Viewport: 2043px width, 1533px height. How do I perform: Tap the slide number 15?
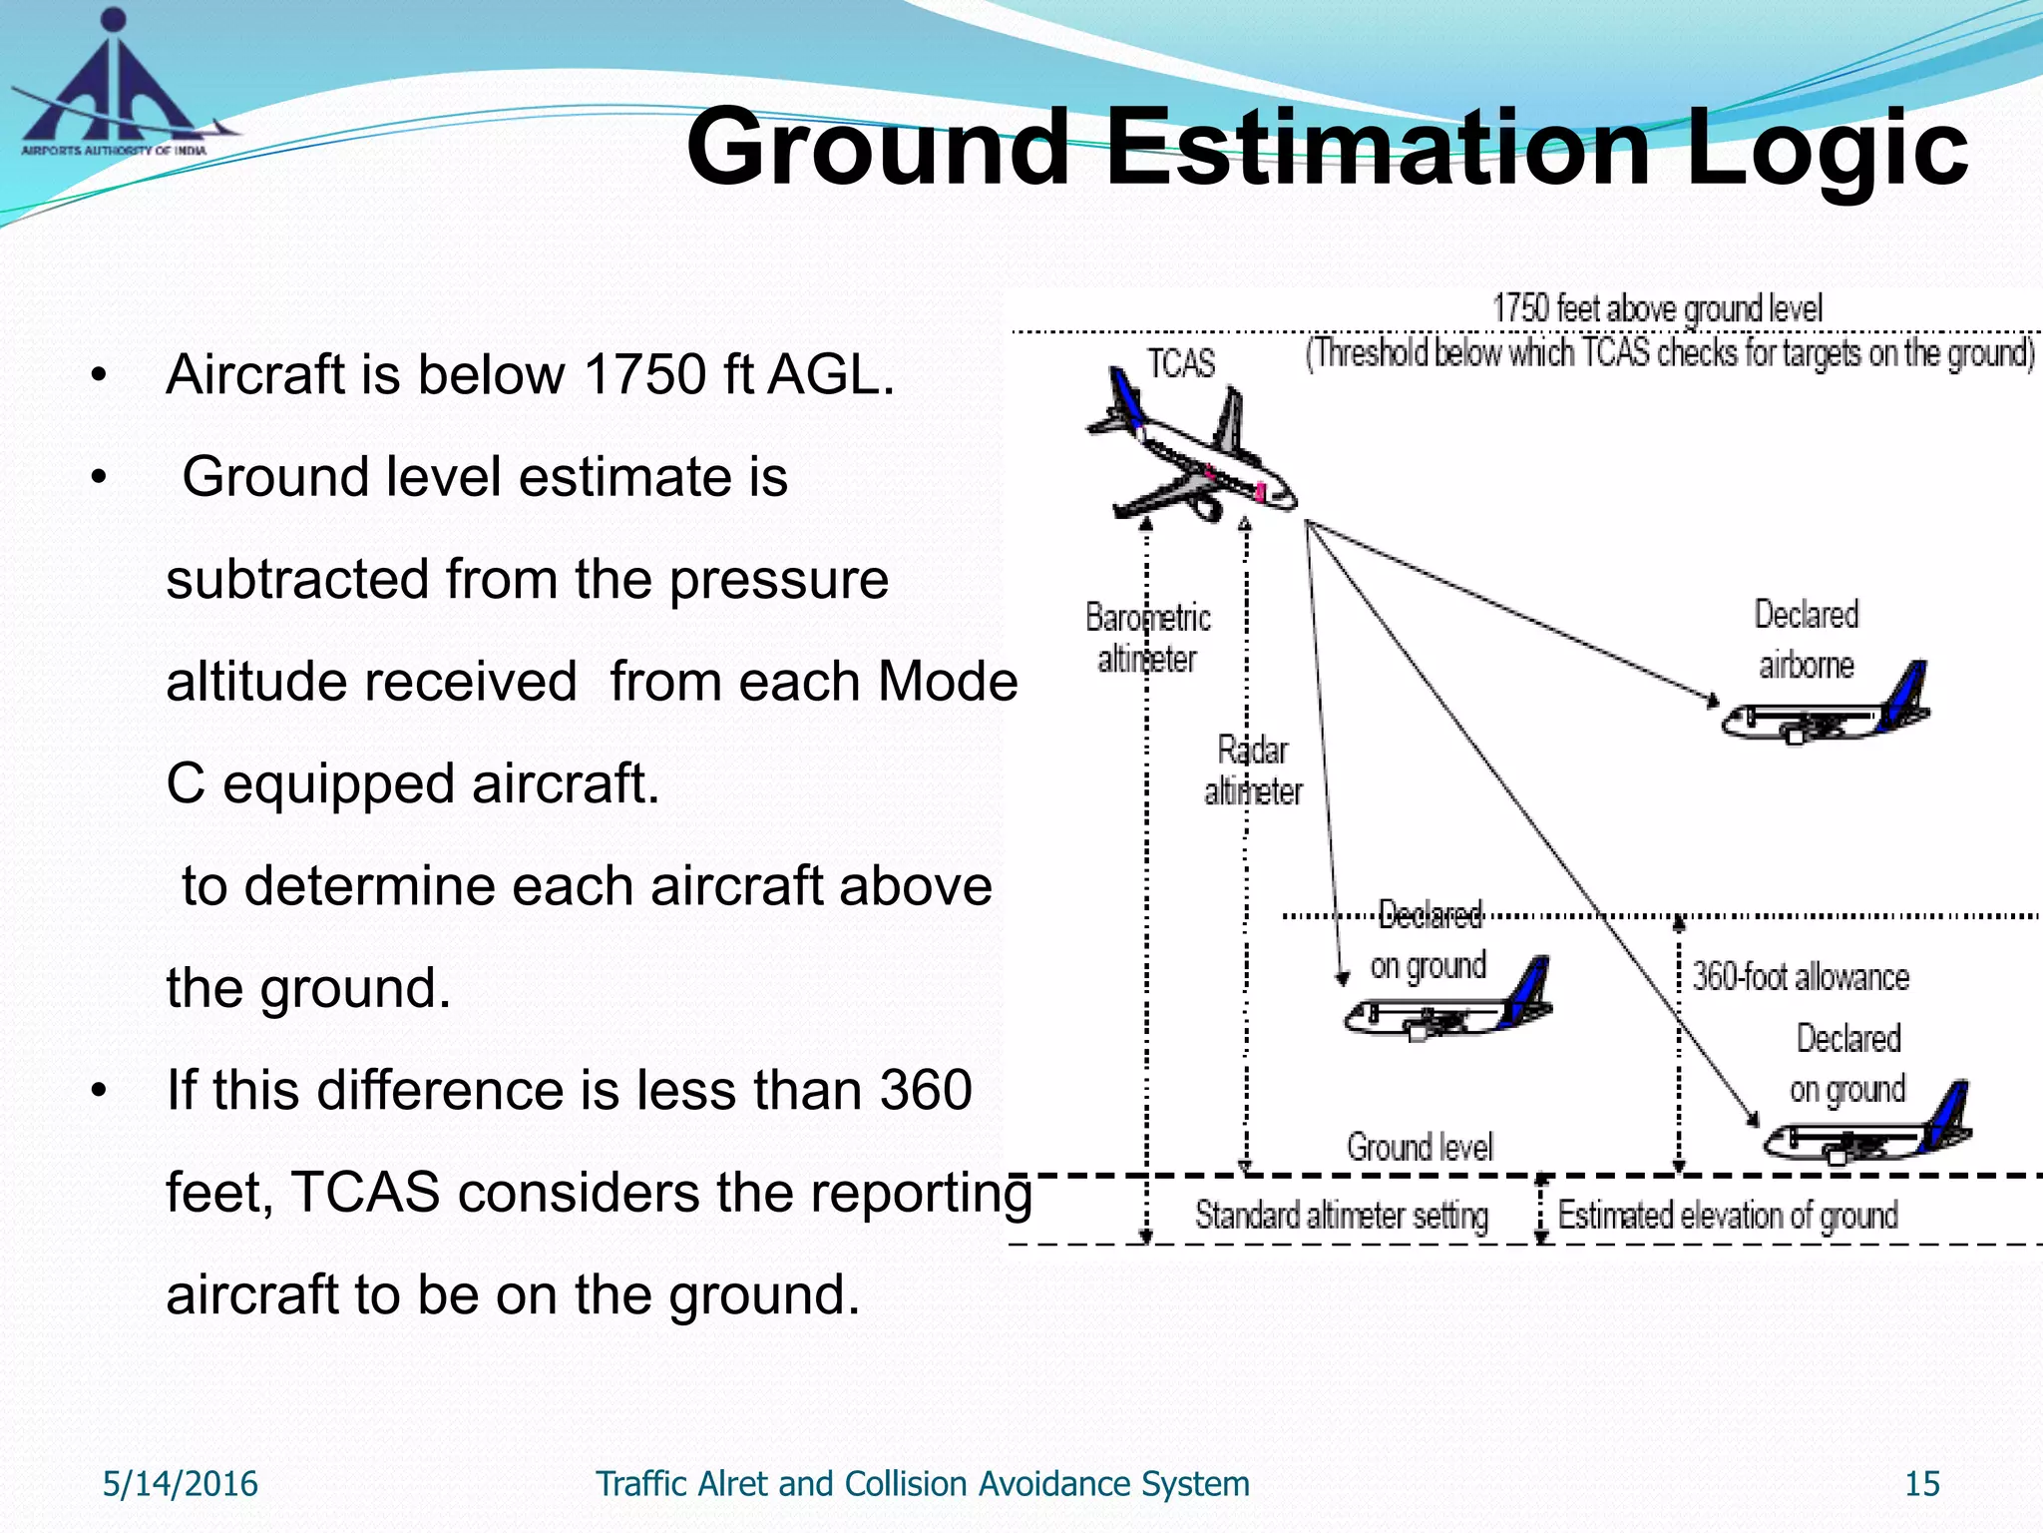[1921, 1484]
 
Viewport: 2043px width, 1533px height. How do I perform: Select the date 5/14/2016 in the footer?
[180, 1484]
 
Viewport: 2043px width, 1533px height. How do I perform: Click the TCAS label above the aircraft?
[1180, 363]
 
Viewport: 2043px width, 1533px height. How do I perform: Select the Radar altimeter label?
[1253, 770]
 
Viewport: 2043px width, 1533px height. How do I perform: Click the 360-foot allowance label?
[1800, 976]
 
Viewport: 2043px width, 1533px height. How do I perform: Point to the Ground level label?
[1419, 1147]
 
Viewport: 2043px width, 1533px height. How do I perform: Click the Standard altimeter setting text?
[1341, 1216]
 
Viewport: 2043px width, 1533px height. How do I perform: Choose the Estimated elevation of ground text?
[1727, 1216]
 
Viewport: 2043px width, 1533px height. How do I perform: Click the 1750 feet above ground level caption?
[1657, 308]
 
